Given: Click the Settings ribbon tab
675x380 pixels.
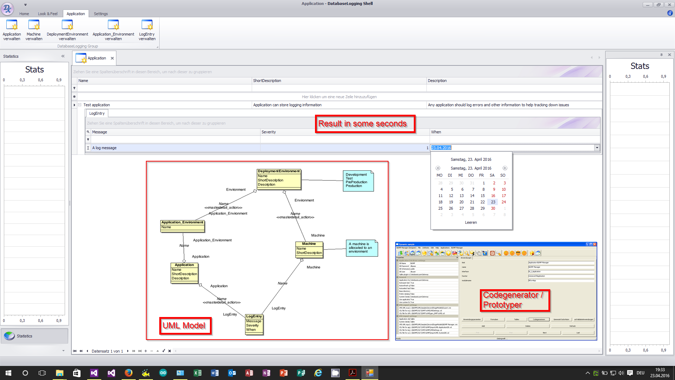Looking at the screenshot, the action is coord(101,14).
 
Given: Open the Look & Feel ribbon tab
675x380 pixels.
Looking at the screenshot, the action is coord(47,14).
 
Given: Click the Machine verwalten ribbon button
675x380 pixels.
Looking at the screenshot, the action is coord(34,30).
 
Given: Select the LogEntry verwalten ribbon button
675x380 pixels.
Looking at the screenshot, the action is coord(147,30).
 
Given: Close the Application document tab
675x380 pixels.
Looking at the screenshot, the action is coord(112,58).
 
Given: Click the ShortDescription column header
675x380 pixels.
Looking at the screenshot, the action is coord(267,81).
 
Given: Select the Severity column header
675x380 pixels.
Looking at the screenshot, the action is coord(269,132).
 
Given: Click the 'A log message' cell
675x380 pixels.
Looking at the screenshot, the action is coord(104,148).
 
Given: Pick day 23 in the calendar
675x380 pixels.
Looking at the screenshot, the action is coord(493,202).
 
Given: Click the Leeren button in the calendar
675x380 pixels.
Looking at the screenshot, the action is coord(471,222).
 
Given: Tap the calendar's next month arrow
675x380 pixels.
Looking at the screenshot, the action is coord(505,168).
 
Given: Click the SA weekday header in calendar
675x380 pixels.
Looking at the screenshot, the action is coord(492,175).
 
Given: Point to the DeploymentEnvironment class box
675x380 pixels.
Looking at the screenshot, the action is coord(279,178).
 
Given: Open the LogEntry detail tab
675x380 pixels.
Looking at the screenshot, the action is coord(97,113).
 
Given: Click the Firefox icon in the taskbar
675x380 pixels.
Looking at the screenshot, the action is coord(129,373).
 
